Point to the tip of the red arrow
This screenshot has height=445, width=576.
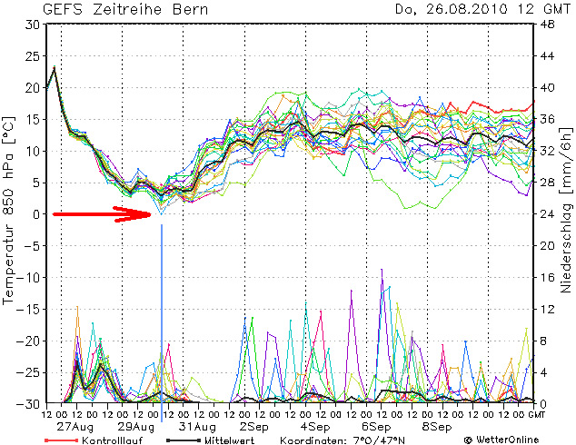pyautogui.click(x=152, y=214)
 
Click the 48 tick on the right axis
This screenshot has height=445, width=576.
pyautogui.click(x=549, y=25)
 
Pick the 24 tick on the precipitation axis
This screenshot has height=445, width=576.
pyautogui.click(x=549, y=214)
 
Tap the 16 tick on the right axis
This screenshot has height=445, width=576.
pyautogui.click(x=549, y=277)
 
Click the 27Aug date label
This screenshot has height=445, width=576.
pyautogui.click(x=76, y=426)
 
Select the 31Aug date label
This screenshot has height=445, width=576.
pyautogui.click(x=197, y=426)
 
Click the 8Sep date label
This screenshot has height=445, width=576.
pyautogui.click(x=437, y=426)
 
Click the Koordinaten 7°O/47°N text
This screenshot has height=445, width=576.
pyautogui.click(x=351, y=439)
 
